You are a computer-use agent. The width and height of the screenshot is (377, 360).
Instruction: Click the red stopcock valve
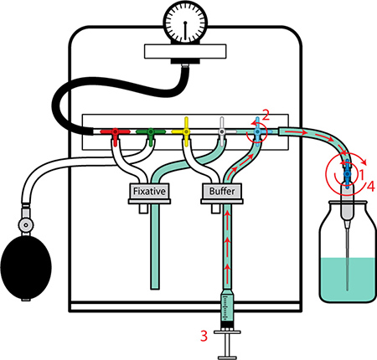(x=115, y=132)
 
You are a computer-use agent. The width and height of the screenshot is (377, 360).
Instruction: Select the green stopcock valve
(x=151, y=132)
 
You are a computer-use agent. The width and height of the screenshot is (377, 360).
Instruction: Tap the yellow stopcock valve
(x=186, y=131)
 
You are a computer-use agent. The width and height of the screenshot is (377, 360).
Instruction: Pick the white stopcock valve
(x=222, y=131)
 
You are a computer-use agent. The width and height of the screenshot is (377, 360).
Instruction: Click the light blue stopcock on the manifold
(x=257, y=131)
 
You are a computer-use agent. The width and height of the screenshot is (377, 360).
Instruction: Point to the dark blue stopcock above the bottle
(x=347, y=173)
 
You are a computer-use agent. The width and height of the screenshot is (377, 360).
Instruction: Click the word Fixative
(x=149, y=192)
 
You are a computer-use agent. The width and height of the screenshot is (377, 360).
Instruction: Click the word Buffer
(x=222, y=192)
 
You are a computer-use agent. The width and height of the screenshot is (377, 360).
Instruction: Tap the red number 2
(x=266, y=115)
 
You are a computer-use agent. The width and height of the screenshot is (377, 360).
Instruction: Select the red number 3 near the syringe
(x=204, y=336)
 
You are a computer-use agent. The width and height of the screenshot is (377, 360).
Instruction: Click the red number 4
(x=370, y=186)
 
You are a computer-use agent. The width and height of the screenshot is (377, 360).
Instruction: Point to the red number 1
(x=361, y=175)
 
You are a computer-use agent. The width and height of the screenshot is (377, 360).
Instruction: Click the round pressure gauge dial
(x=185, y=23)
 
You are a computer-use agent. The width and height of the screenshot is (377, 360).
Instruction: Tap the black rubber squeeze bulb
(x=26, y=267)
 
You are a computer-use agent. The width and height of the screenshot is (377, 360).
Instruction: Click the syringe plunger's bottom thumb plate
(x=228, y=357)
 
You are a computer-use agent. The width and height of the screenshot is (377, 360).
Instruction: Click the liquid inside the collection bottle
(x=348, y=279)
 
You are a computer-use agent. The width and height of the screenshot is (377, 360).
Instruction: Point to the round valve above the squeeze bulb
(x=26, y=224)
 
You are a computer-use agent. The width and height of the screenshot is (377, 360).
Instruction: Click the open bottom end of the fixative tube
(x=155, y=288)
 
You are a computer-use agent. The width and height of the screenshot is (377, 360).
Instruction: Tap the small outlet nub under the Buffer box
(x=215, y=208)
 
